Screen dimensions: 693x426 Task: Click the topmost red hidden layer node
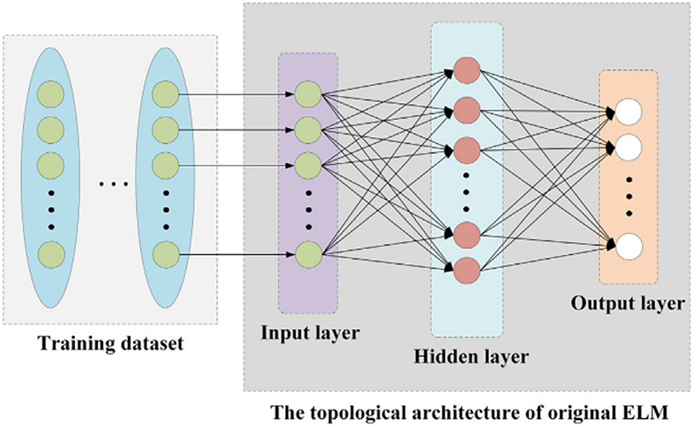[467, 70]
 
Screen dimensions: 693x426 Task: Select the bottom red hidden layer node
[467, 271]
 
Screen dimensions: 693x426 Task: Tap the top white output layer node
[628, 112]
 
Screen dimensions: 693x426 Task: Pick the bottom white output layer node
[628, 246]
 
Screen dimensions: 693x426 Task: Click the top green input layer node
[308, 94]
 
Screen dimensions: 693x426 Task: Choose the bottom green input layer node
[308, 255]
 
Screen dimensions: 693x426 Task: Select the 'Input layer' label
[310, 333]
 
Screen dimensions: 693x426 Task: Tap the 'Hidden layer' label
[470, 356]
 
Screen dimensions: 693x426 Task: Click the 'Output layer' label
[628, 304]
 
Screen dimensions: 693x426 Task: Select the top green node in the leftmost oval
[50, 94]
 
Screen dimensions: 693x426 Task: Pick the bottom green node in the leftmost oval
[51, 255]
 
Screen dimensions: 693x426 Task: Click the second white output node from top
[628, 148]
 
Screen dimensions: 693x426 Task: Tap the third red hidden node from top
[467, 150]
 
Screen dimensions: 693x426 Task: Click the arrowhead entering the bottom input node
[290, 254]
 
